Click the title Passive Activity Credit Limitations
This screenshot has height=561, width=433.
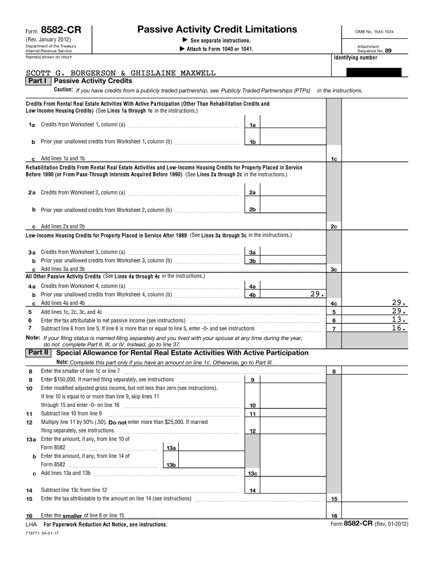click(x=217, y=30)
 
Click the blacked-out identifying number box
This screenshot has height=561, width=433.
click(x=374, y=72)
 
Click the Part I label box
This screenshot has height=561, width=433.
click(x=38, y=81)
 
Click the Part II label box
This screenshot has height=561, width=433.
click(x=38, y=353)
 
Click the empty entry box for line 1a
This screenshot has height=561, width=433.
click(x=293, y=124)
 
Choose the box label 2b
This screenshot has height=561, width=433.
click(x=253, y=209)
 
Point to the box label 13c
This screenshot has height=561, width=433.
click(x=253, y=473)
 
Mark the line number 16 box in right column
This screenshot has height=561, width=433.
click(x=334, y=516)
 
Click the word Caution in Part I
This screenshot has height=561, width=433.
click(x=64, y=90)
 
